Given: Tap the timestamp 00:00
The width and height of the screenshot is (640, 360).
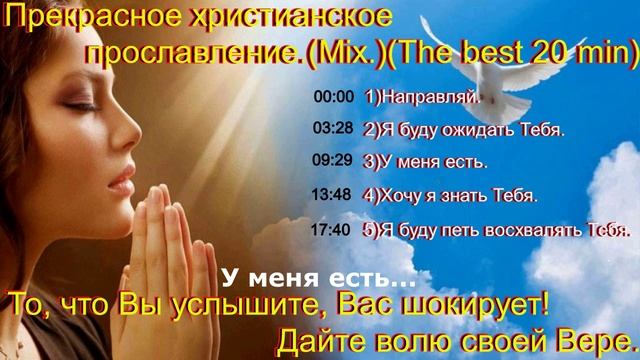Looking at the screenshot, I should pyautogui.click(x=333, y=98).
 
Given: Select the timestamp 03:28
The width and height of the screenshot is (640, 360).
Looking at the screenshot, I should pyautogui.click(x=333, y=128).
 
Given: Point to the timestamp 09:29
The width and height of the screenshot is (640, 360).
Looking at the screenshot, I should pyautogui.click(x=333, y=160).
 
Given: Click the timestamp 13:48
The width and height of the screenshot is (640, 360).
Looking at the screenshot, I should pyautogui.click(x=333, y=194).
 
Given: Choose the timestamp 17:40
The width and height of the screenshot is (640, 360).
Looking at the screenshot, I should pyautogui.click(x=333, y=229).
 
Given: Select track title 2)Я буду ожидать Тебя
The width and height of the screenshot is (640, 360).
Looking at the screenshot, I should pyautogui.click(x=464, y=129).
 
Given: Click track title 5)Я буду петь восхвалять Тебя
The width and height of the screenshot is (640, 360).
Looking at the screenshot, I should pyautogui.click(x=497, y=230).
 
